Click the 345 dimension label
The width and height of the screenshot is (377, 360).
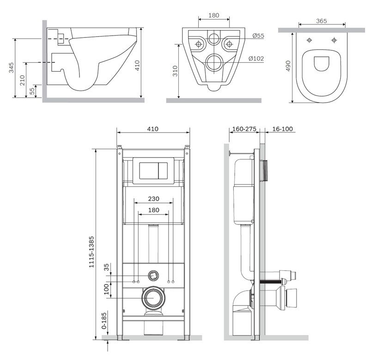(11, 67)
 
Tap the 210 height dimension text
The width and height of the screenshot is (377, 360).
(22, 80)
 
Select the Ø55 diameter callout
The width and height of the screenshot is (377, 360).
(258, 36)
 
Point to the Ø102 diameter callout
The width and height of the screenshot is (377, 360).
(256, 58)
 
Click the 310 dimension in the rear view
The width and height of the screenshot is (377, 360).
(175, 71)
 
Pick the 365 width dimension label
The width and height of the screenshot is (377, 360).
(322, 21)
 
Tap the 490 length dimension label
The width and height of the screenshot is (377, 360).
(288, 66)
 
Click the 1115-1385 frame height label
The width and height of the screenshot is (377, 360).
(91, 252)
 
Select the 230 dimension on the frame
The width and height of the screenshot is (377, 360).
(153, 199)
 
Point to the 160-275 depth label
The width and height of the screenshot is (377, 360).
(244, 129)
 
